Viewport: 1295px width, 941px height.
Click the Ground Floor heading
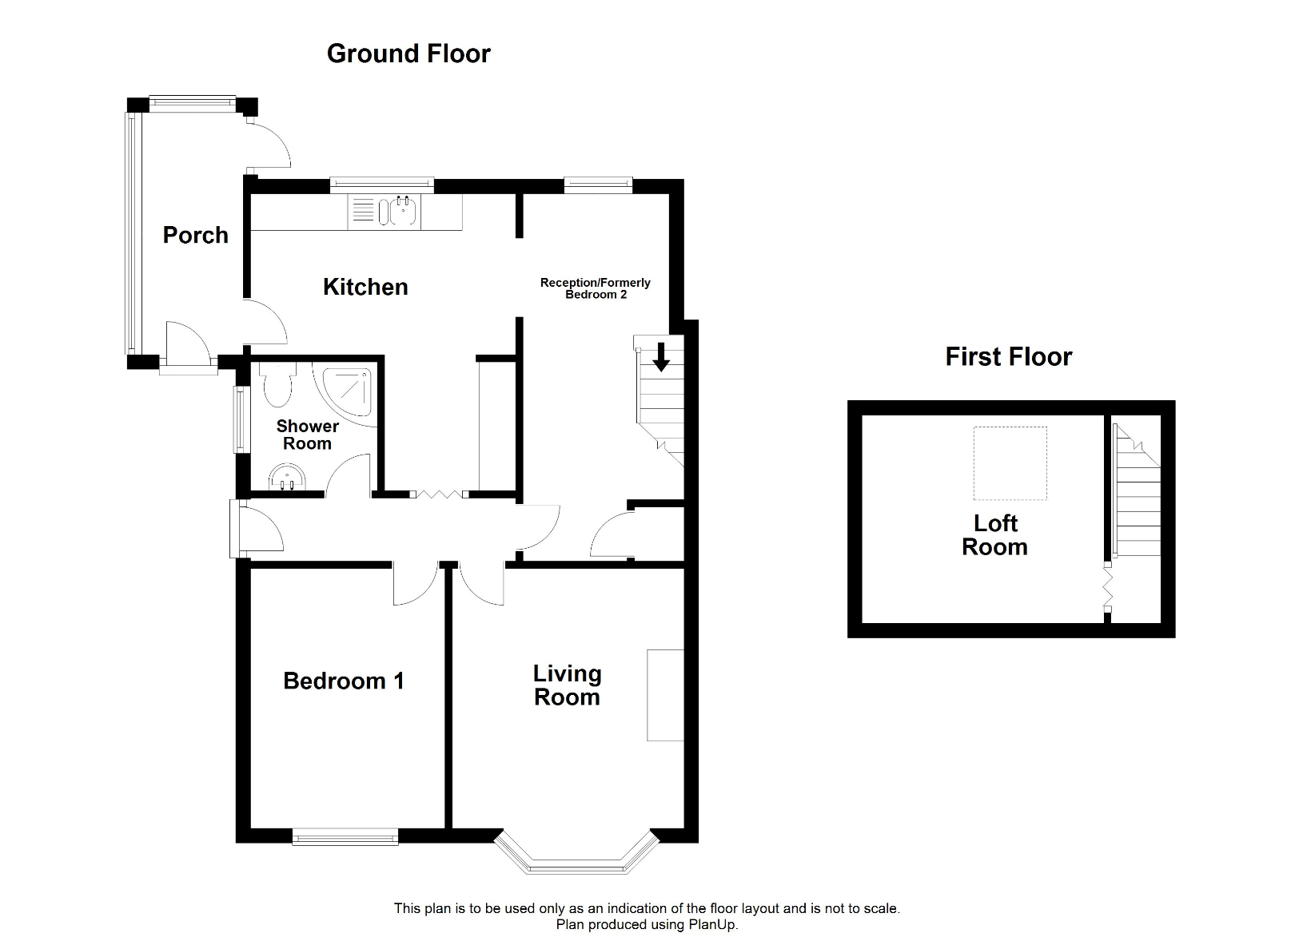tap(408, 54)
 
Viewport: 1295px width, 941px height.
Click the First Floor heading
tap(1008, 356)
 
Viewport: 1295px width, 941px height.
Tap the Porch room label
tap(196, 235)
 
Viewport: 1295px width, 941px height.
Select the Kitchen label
tap(365, 287)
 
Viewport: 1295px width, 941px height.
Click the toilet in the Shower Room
tap(278, 384)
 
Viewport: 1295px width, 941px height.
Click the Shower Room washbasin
tap(286, 478)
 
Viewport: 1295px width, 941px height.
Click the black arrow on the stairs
tap(661, 356)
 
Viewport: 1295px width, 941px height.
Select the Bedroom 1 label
tap(344, 681)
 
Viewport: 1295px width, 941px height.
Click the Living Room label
tap(567, 685)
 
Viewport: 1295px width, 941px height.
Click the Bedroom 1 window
tap(345, 837)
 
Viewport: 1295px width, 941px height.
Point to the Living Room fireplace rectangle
tap(665, 695)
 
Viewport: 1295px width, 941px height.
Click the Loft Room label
tap(994, 535)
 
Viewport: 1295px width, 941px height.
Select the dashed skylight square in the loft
tap(1010, 463)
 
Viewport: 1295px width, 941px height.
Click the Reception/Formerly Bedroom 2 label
tap(596, 288)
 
